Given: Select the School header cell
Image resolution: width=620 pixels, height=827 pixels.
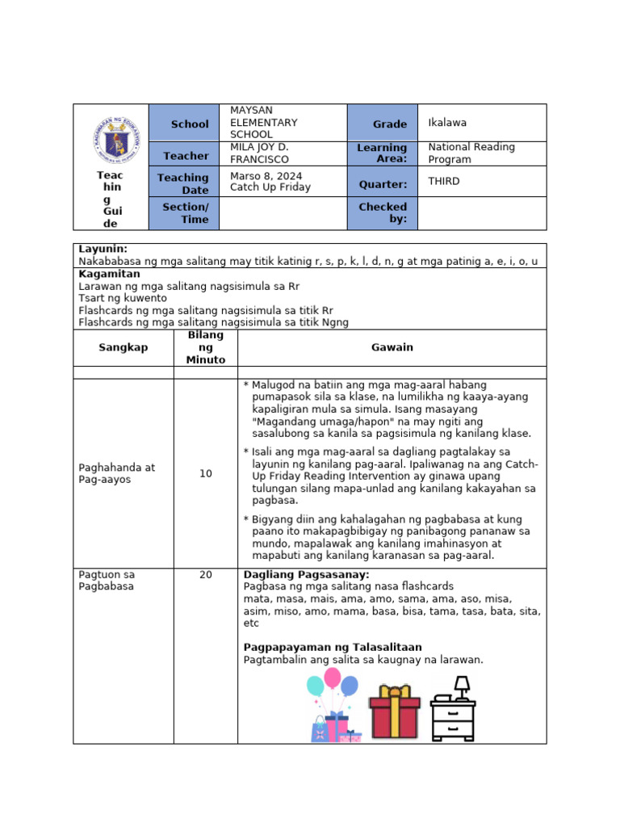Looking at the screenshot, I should pos(183,124).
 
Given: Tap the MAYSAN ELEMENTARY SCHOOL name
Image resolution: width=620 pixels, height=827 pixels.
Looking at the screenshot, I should pos(263,122).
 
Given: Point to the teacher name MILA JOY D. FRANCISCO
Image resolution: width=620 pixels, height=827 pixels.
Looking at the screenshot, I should pos(259,153).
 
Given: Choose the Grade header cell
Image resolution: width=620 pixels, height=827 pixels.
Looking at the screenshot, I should pos(382,124).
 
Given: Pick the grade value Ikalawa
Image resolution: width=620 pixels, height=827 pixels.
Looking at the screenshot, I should pos(447,123).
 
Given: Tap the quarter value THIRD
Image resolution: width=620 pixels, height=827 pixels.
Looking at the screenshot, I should pos(444,181).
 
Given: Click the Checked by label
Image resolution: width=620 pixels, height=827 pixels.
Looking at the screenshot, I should pos(382,213).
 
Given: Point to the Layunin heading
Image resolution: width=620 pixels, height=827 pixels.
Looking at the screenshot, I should pos(103,250).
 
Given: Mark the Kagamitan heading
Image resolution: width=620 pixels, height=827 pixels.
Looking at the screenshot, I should pos(108,275).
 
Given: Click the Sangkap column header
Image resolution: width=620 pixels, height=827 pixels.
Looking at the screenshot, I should pos(124,347).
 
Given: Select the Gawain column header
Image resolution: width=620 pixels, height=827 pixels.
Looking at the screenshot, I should pos(392,347).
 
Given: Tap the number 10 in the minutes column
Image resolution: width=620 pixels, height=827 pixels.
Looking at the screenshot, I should pos(206,474).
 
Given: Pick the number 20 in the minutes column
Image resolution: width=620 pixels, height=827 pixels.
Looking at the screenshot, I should pos(206,575).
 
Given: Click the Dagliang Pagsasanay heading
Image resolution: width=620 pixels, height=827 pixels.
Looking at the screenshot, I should pos(306,575).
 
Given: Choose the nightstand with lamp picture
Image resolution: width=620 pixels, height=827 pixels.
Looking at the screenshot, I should pos(454,710).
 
